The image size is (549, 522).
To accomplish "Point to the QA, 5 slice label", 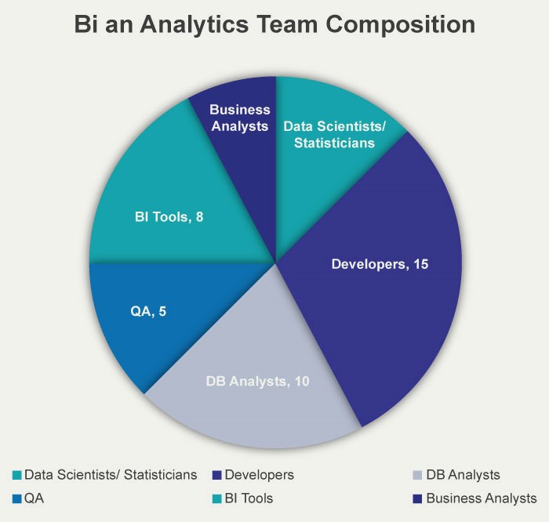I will point(147,310).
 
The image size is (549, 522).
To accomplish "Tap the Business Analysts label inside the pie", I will point(240,118).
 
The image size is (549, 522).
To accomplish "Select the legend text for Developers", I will point(259,475).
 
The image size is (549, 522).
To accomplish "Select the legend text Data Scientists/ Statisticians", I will point(110,475).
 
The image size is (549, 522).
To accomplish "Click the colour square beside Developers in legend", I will point(216,476).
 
